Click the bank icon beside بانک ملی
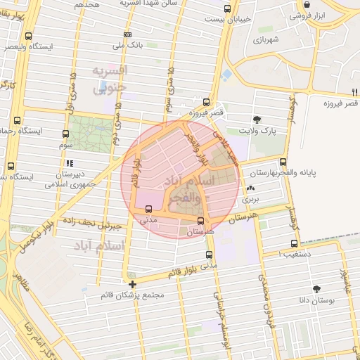(x=127, y=34)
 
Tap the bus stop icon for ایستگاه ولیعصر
(x=28, y=36)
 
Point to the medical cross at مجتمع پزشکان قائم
(x=132, y=284)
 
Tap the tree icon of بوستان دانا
(x=316, y=288)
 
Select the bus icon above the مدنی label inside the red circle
(x=148, y=209)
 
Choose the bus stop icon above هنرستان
(x=201, y=221)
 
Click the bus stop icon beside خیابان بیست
(x=226, y=9)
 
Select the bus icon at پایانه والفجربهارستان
(x=283, y=162)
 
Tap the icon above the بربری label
(x=251, y=188)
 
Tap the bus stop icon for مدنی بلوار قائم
(x=208, y=255)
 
